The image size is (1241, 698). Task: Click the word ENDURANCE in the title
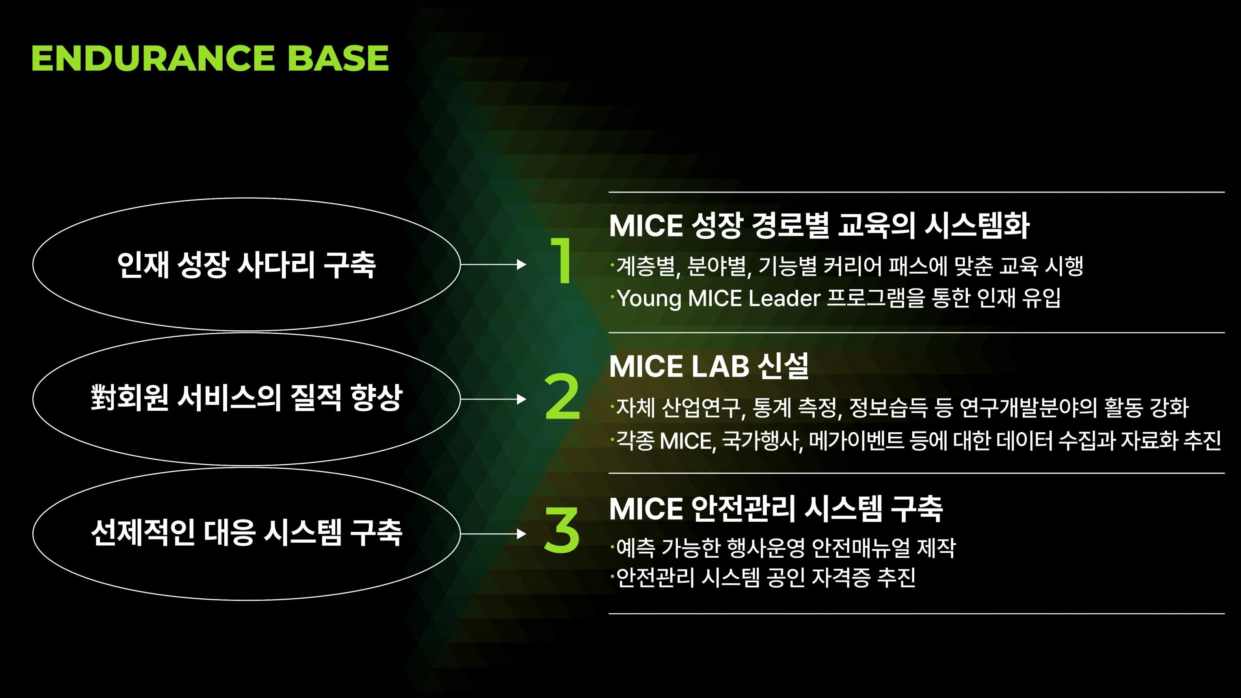153,58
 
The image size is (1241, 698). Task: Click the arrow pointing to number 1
493,264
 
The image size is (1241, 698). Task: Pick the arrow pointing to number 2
493,399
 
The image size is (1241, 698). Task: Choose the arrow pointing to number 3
493,534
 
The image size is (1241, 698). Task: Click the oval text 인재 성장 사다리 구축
246,264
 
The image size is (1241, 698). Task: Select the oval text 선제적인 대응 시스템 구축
246,532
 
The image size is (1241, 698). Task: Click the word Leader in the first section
784,298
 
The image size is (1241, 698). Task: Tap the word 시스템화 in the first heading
977,225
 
